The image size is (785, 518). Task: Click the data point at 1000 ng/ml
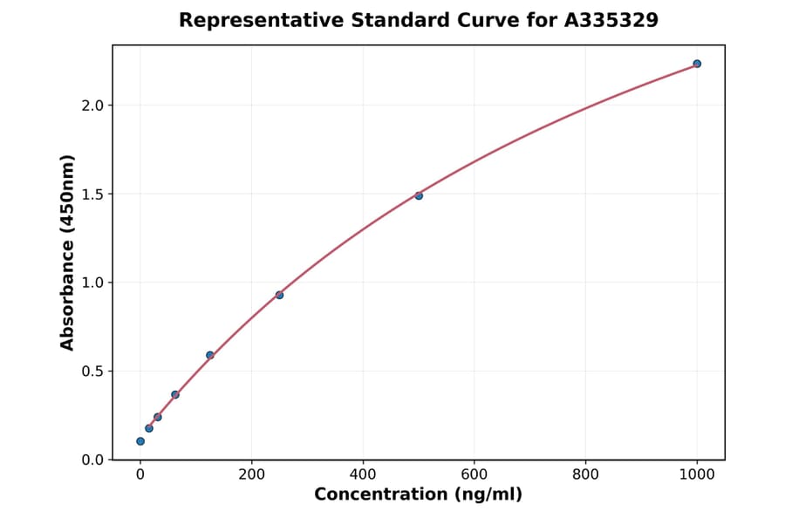click(697, 64)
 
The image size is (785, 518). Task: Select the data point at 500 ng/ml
click(419, 195)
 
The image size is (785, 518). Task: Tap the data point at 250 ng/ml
click(279, 295)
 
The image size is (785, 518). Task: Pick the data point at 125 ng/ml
click(210, 355)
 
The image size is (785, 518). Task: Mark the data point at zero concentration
click(140, 441)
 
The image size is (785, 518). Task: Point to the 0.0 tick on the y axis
click(92, 460)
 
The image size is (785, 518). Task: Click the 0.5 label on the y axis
click(92, 371)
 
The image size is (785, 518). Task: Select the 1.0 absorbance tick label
click(92, 283)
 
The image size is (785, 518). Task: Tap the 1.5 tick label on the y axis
click(92, 194)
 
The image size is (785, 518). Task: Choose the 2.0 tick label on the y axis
click(92, 106)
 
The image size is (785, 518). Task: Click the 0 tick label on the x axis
click(140, 475)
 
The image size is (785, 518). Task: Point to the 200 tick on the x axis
click(252, 475)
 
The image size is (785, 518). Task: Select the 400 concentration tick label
click(363, 475)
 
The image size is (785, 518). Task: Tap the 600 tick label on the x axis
click(474, 475)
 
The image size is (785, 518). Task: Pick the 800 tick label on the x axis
click(585, 475)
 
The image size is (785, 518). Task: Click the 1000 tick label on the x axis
click(697, 475)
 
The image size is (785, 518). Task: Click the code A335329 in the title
click(611, 20)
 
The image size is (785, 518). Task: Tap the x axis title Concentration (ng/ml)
click(418, 495)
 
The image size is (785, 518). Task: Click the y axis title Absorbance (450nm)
click(68, 252)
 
